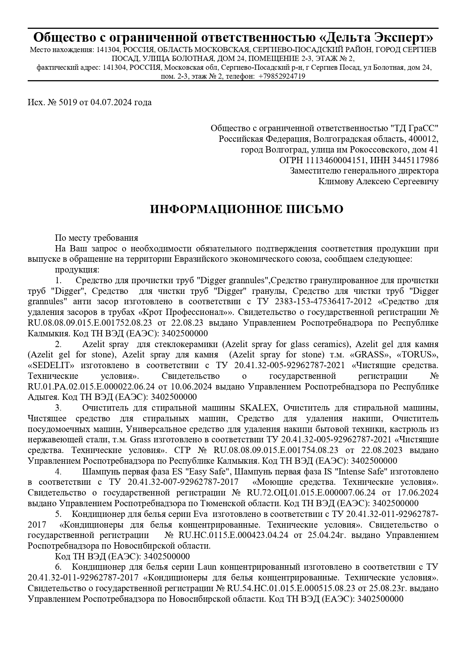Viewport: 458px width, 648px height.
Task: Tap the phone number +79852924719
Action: (282, 76)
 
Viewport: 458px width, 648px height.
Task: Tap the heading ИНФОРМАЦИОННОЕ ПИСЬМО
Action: (247, 209)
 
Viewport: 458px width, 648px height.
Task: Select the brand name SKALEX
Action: (258, 408)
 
